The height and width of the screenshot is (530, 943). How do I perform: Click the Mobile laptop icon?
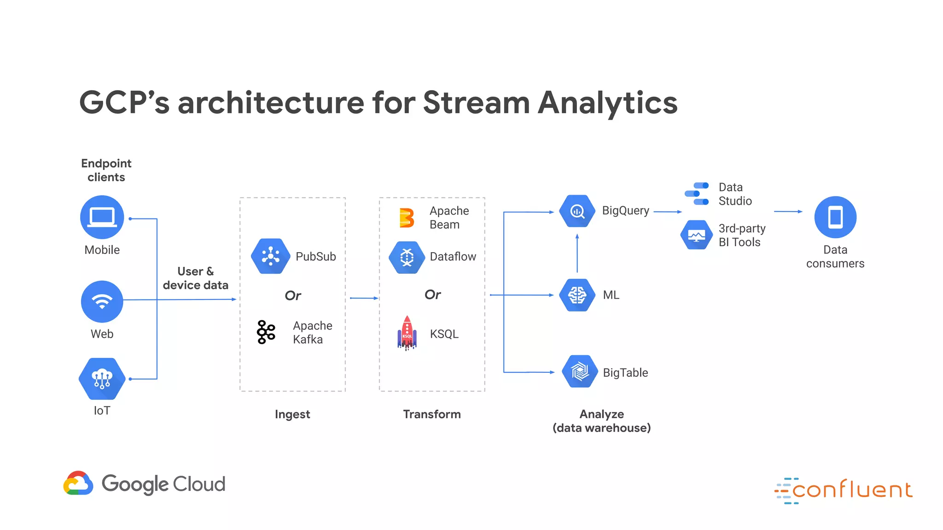(x=102, y=217)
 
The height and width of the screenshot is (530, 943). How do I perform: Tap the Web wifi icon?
(x=102, y=301)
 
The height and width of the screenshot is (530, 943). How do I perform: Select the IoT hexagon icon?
(x=102, y=379)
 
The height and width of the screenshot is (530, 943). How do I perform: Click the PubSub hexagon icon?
(x=271, y=256)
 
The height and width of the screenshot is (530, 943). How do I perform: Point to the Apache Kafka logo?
(x=266, y=332)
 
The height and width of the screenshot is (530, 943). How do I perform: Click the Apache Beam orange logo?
(x=407, y=218)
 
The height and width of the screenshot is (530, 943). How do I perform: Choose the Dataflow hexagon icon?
(x=407, y=257)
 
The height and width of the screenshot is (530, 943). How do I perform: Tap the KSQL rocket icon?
(x=407, y=333)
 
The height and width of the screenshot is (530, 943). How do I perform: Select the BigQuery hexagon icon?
(x=577, y=211)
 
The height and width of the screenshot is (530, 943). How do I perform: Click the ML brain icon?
(x=577, y=295)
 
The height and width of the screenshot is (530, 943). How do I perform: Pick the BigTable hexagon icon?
(x=580, y=371)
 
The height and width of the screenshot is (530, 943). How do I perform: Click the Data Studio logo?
(x=697, y=194)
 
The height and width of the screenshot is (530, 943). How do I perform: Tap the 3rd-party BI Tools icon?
(x=697, y=235)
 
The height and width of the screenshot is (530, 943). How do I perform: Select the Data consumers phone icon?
(x=835, y=217)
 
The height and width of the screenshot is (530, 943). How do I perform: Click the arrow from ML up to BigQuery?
(x=577, y=253)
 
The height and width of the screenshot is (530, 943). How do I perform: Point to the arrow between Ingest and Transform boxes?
(x=364, y=298)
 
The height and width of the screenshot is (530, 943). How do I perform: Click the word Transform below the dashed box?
(x=432, y=414)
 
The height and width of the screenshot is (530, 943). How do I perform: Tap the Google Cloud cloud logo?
(x=78, y=483)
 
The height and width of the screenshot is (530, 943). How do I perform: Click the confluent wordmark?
(x=852, y=490)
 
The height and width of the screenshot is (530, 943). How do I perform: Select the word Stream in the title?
(x=476, y=102)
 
